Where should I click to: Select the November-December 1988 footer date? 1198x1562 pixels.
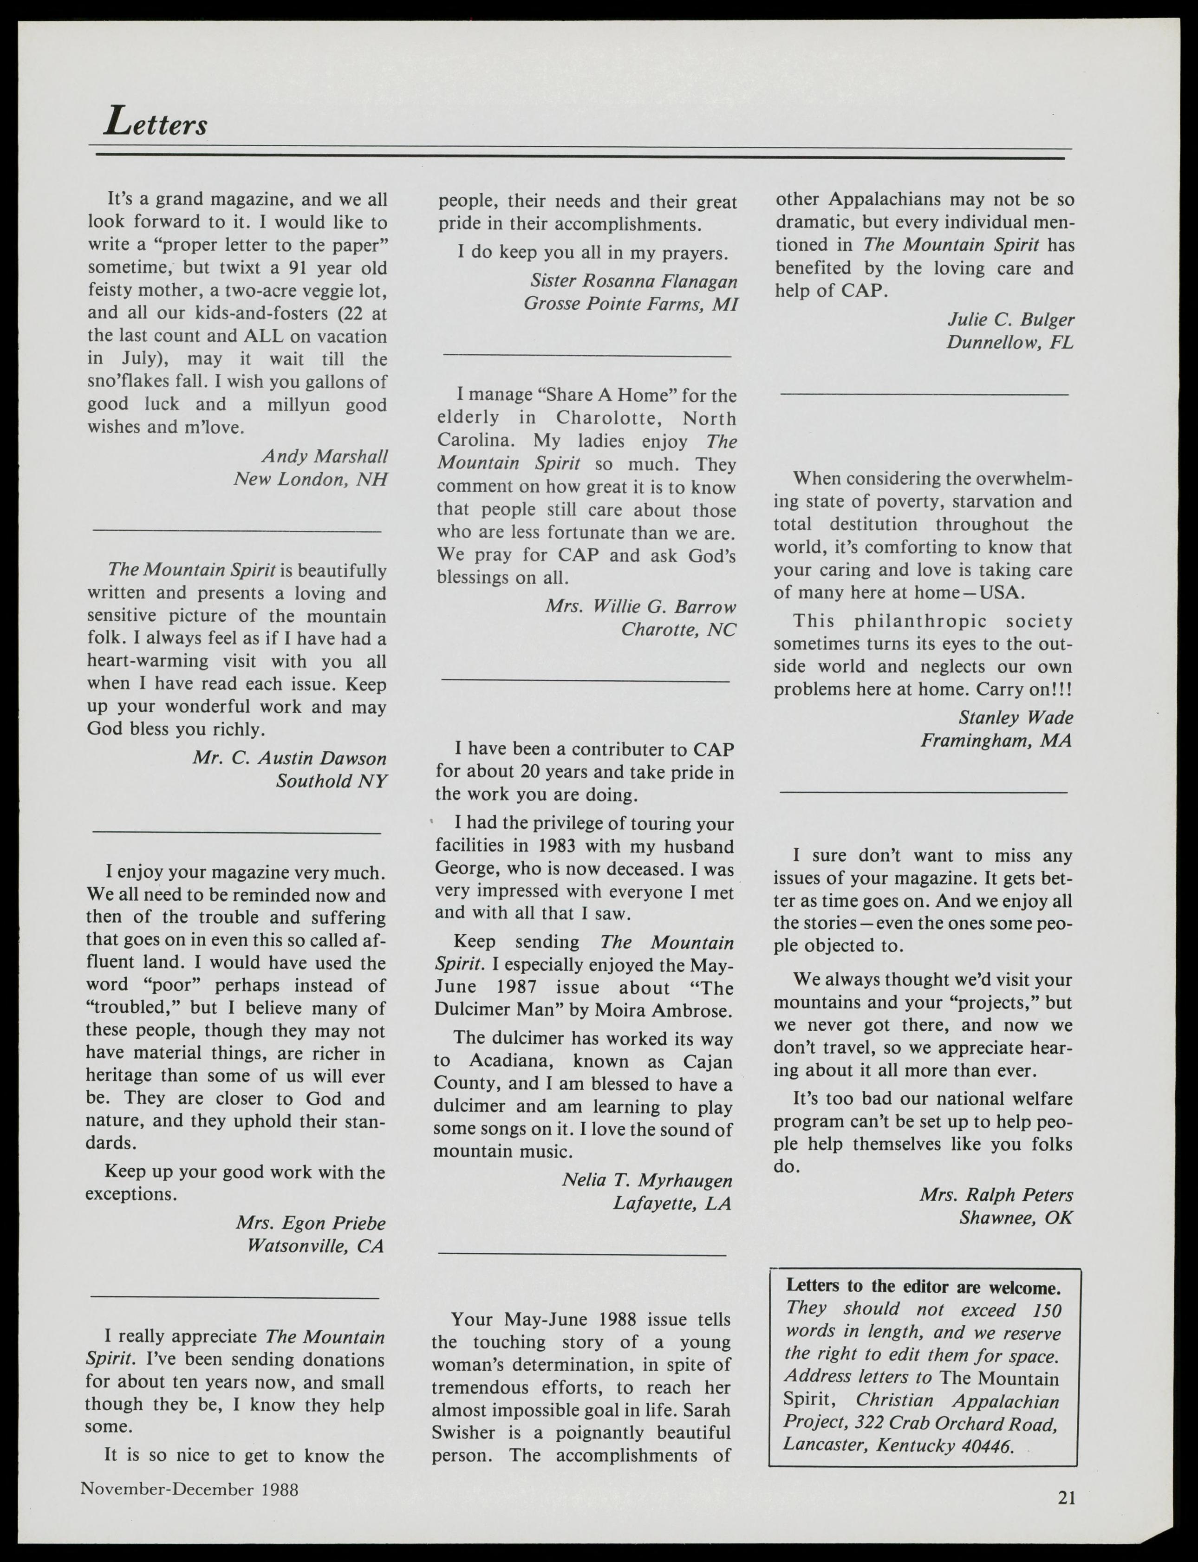pyautogui.click(x=189, y=1489)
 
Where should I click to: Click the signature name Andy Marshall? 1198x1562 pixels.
pyautogui.click(x=325, y=456)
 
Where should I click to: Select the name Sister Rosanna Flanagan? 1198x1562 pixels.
pyautogui.click(x=633, y=281)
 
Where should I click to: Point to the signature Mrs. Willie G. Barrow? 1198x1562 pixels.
pyautogui.click(x=640, y=607)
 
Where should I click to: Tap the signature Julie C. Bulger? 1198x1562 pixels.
pyautogui.click(x=1010, y=319)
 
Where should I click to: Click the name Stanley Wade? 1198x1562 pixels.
pyautogui.click(x=1016, y=717)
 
